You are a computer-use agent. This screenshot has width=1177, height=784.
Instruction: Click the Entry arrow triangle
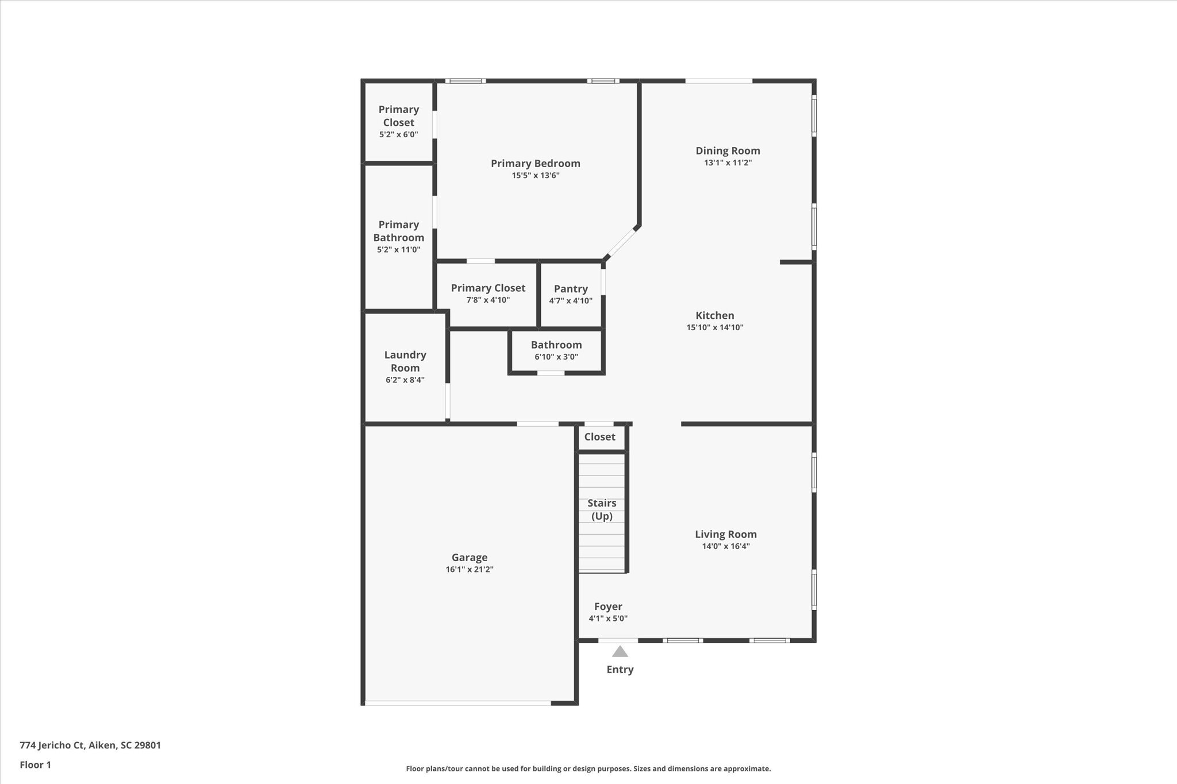620,651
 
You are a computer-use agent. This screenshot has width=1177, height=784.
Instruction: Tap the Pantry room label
571,289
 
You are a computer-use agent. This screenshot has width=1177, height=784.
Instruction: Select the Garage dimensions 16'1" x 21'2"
470,570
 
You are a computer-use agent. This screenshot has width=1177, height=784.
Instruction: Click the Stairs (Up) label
602,509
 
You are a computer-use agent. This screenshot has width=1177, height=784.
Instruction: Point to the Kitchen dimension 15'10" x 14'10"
714,327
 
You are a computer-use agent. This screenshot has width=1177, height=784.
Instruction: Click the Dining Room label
728,150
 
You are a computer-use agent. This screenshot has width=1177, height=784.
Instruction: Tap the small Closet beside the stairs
599,437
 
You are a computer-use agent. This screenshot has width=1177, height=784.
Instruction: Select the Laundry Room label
405,361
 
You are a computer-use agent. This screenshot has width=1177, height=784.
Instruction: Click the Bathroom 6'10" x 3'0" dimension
556,357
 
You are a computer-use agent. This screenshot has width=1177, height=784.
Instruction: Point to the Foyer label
608,607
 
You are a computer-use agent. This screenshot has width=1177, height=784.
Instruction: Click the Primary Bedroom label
535,164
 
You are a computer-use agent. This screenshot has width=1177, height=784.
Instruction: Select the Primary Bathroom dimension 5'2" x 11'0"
398,250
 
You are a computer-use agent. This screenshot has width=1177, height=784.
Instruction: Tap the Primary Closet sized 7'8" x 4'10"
488,288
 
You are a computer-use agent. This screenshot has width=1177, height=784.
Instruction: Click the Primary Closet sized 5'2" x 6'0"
398,116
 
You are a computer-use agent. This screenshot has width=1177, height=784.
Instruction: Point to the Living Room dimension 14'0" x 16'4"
725,546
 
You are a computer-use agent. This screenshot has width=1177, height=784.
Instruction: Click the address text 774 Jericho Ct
90,745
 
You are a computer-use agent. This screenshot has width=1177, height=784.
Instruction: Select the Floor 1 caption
36,764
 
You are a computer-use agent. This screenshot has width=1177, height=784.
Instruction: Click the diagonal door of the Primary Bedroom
622,242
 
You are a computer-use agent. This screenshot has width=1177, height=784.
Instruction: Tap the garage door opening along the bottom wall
457,702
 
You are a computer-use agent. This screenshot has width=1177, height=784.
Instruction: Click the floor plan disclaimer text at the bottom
588,768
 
